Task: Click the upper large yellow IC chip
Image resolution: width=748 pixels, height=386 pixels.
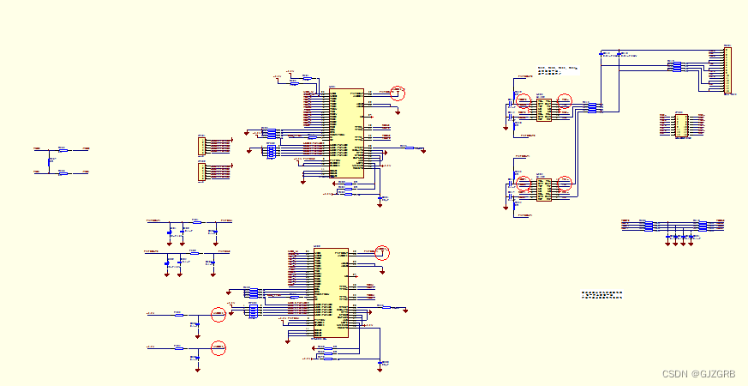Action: pyautogui.click(x=346, y=133)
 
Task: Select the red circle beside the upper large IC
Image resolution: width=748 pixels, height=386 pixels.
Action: pyautogui.click(x=398, y=93)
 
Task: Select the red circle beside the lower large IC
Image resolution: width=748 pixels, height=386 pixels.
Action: pyautogui.click(x=383, y=253)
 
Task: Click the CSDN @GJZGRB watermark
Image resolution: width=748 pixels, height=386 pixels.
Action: pyautogui.click(x=699, y=374)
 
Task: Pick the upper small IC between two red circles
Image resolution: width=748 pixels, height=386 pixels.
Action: pyautogui.click(x=543, y=109)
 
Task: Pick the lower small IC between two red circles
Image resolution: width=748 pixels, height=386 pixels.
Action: pyautogui.click(x=543, y=190)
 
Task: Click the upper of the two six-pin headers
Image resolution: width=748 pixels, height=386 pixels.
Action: pyautogui.click(x=202, y=144)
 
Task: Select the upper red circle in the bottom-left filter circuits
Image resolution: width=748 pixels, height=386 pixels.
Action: pyautogui.click(x=218, y=314)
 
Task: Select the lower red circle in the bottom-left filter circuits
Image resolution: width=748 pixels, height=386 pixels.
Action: pyautogui.click(x=218, y=347)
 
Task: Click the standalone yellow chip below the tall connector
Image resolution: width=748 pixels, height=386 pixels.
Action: pyautogui.click(x=679, y=125)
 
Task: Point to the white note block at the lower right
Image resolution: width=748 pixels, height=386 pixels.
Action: pyautogui.click(x=601, y=294)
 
